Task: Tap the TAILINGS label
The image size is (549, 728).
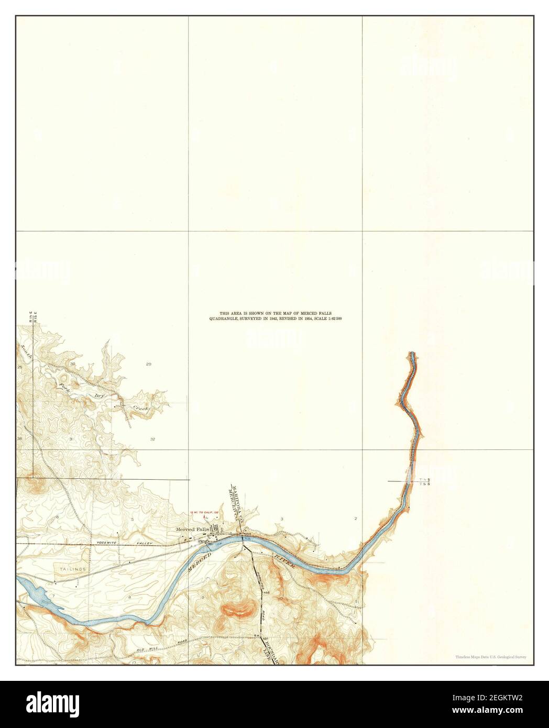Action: [68, 567]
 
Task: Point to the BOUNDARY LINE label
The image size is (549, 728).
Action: [266, 650]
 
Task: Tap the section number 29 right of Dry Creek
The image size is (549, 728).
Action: [148, 363]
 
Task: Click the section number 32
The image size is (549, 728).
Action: [152, 439]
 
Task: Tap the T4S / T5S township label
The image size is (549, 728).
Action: [424, 481]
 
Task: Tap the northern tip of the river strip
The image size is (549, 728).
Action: [412, 353]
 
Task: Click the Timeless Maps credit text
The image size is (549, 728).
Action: [490, 656]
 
